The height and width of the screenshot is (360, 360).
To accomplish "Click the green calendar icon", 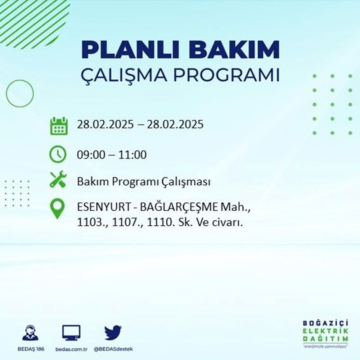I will [x=58, y=125].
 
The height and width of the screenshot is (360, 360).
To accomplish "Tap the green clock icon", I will [x=58, y=155].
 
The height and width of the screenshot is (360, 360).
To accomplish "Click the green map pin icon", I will [x=58, y=209].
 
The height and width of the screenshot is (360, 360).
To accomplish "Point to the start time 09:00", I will [x=91, y=155].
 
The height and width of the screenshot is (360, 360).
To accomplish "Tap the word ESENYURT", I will [x=98, y=207].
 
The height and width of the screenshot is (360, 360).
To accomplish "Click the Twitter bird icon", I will [x=113, y=333].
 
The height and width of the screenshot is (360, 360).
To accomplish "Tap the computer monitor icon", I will [x=71, y=333].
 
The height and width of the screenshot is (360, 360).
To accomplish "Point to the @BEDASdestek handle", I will [x=113, y=349].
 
